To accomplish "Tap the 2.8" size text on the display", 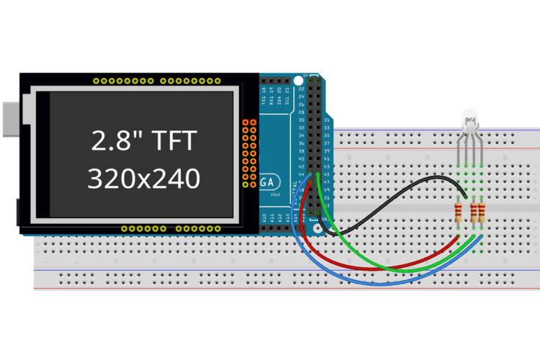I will [115, 140].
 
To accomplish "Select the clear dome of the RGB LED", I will [470, 117].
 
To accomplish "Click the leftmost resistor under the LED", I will [459, 212].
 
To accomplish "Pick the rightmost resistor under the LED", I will [480, 212].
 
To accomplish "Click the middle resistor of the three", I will [473, 212].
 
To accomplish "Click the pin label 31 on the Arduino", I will [328, 120].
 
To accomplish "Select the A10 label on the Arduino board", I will [264, 217].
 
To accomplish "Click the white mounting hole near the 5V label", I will [297, 78].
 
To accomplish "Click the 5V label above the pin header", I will [305, 75].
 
